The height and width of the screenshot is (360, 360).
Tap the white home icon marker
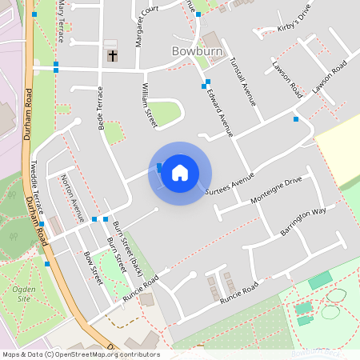(x=180, y=172)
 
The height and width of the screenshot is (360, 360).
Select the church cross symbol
(x=112, y=56)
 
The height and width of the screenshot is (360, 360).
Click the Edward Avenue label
(x=217, y=110)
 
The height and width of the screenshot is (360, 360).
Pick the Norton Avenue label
(x=73, y=197)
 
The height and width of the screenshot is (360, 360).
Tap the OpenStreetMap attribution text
(x=80, y=354)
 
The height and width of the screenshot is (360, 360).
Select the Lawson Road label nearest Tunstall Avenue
(x=286, y=78)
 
